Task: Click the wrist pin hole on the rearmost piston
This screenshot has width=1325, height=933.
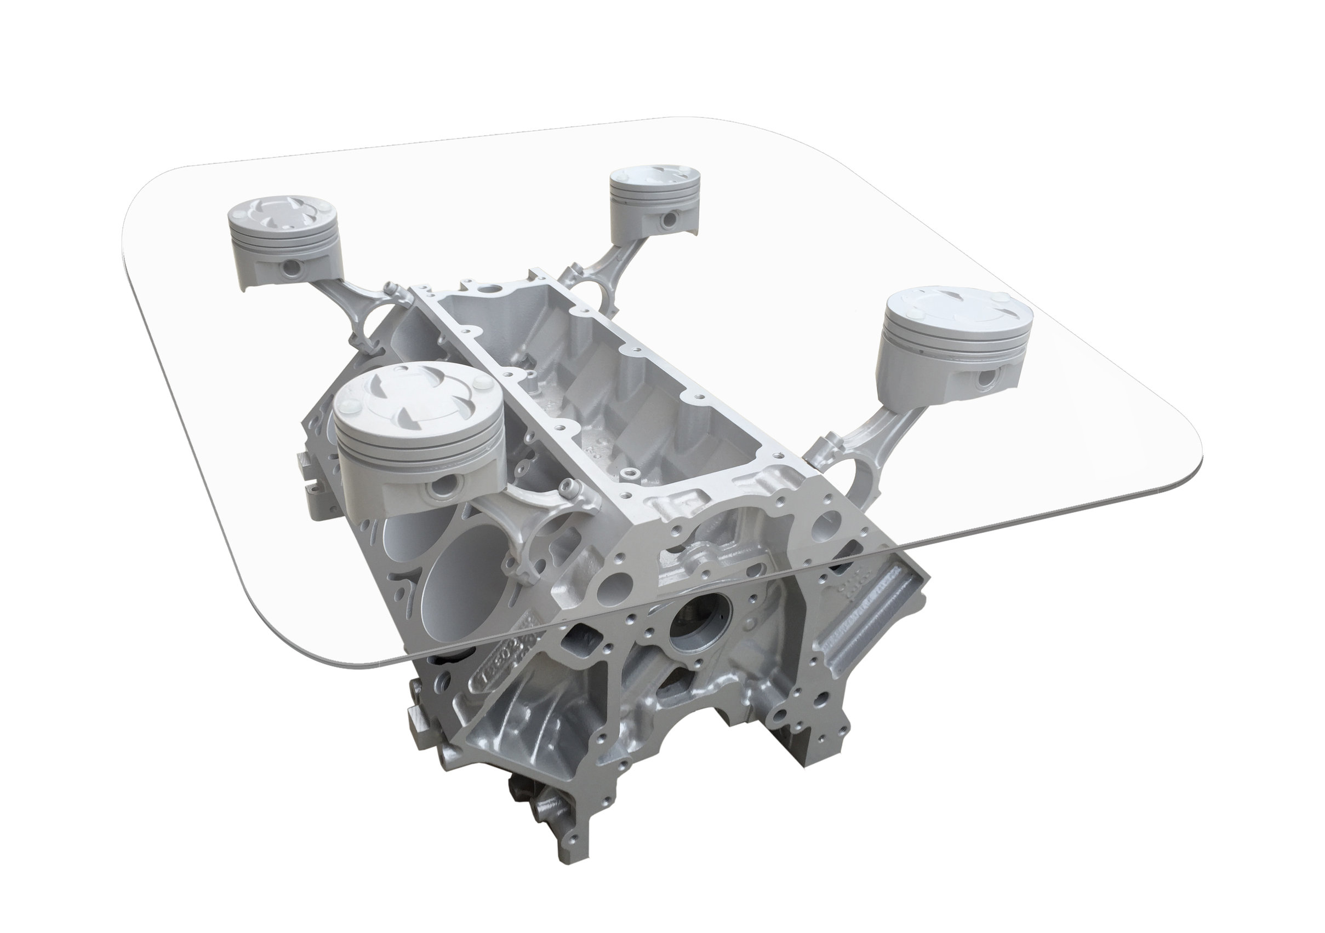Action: click(671, 220)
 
